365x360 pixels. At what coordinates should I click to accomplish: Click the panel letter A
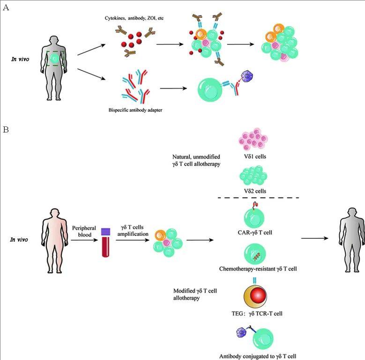[x=6, y=7]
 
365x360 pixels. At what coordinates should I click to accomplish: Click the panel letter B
[x=6, y=129]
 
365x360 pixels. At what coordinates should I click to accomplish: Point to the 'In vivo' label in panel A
[x=21, y=59]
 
